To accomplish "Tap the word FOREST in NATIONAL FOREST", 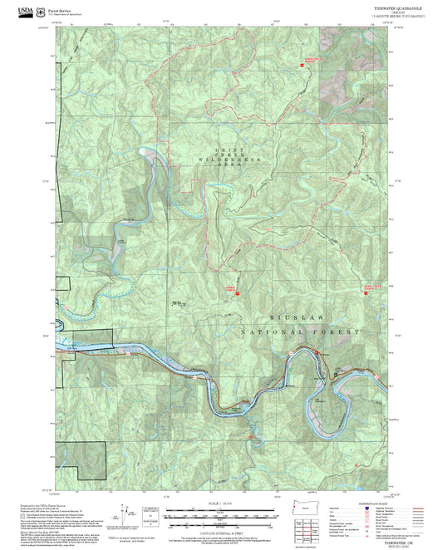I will coord(337,331).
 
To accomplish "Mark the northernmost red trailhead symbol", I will coord(305,61).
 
